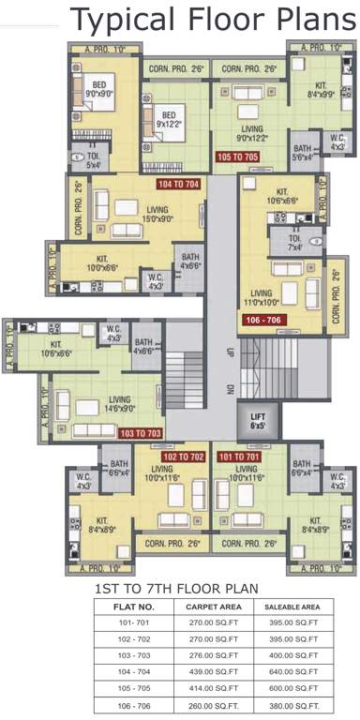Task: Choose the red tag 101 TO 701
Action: coord(236,457)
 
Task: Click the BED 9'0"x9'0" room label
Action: coord(100,90)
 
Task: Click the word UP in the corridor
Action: coord(229,354)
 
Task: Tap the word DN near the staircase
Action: coord(229,390)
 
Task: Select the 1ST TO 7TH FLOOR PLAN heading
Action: coord(175,589)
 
